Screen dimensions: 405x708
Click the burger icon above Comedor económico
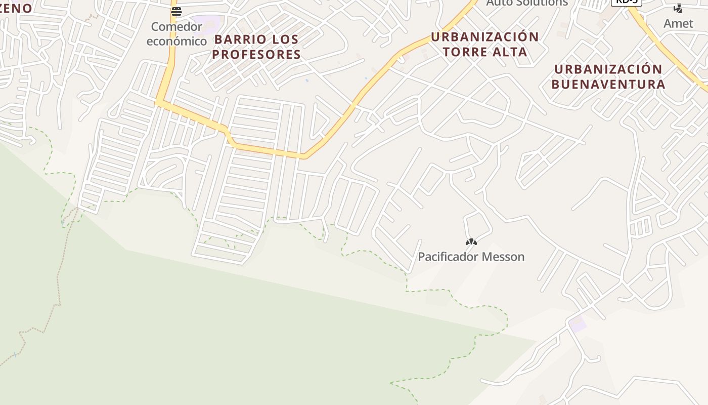176,12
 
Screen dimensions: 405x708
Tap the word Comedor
176,26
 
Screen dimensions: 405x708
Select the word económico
176,41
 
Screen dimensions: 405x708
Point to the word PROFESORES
256,54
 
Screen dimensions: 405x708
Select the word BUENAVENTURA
608,84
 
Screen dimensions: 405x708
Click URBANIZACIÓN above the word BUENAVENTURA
608,69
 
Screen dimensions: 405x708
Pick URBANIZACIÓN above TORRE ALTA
484,37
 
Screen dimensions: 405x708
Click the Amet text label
678,23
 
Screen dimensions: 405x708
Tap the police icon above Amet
678,9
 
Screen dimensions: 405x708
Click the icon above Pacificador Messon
471,242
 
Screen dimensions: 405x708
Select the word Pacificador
448,257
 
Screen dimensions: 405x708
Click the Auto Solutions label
527,3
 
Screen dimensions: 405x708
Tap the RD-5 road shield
626,2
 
